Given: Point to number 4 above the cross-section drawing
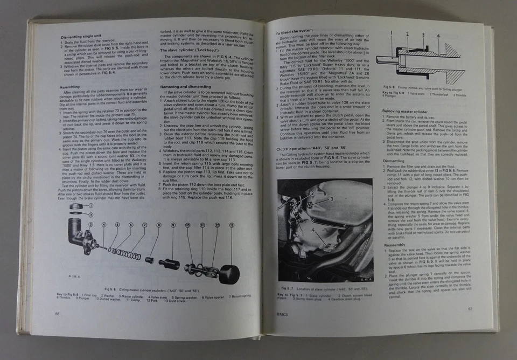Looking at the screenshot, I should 438,35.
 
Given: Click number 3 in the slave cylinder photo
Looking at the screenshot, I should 333,199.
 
